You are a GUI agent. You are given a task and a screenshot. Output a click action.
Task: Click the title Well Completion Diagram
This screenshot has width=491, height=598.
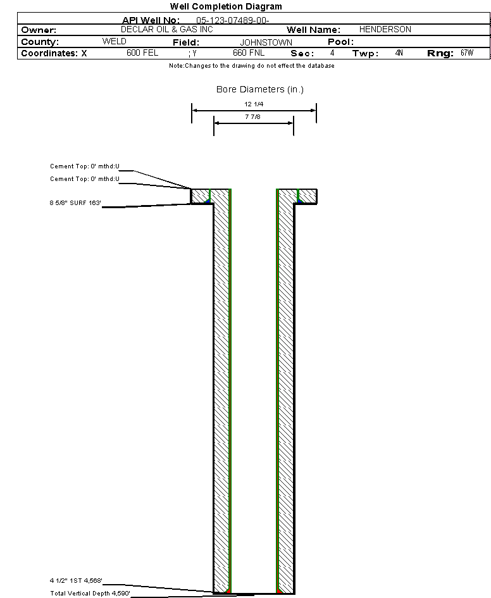click(226, 6)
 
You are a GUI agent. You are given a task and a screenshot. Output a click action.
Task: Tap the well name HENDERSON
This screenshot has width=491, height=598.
click(385, 30)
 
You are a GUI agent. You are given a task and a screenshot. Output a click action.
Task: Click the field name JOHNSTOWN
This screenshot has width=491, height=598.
click(266, 42)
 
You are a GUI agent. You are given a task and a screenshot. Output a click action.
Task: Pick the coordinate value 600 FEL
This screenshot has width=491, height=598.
click(142, 53)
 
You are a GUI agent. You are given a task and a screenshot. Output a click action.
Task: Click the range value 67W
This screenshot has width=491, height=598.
click(466, 53)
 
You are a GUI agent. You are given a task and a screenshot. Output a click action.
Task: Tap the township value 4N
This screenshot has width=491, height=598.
click(399, 53)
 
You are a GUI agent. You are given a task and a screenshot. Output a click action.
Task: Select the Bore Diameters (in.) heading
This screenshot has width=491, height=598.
click(259, 90)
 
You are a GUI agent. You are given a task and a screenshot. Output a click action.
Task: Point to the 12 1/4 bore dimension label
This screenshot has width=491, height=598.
click(254, 104)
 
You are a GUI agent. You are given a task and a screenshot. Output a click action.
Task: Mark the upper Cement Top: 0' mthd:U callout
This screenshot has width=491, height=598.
click(85, 166)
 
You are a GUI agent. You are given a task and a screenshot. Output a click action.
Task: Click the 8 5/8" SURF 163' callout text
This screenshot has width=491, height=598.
click(76, 203)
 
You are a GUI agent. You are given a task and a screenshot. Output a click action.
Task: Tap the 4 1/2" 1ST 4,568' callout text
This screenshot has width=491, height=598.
click(76, 580)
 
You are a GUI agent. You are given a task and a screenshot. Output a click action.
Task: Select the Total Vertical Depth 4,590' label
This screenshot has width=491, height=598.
click(90, 594)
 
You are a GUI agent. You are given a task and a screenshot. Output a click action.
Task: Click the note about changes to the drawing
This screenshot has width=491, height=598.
click(251, 66)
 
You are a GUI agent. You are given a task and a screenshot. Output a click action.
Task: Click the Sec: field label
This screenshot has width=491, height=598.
click(302, 54)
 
